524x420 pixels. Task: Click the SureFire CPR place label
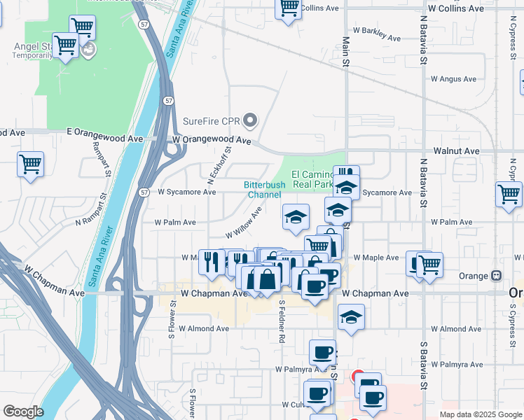(x=211, y=120)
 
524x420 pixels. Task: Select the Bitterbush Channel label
(x=264, y=189)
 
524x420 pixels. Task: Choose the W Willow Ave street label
(x=243, y=223)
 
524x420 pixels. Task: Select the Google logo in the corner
(x=23, y=412)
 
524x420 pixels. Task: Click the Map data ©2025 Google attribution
(x=481, y=414)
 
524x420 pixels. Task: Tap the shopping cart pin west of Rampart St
(x=30, y=166)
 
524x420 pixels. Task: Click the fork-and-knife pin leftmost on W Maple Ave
(x=210, y=262)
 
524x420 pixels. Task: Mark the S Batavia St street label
(x=423, y=364)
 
